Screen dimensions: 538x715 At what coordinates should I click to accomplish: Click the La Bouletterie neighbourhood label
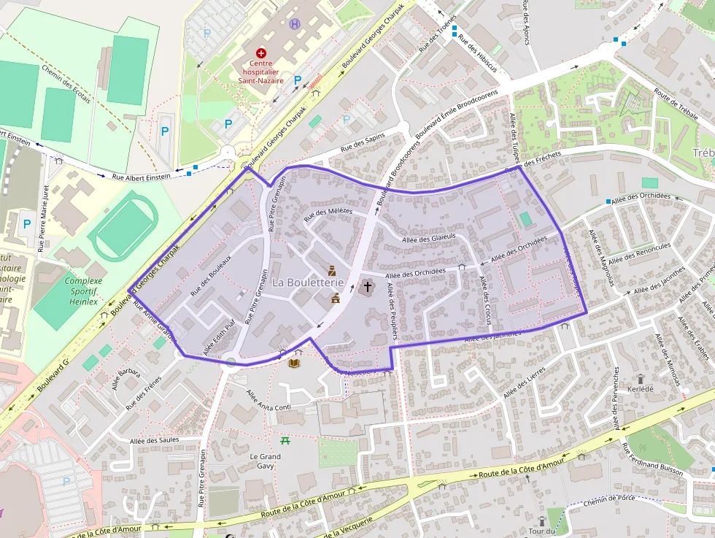tap(308, 282)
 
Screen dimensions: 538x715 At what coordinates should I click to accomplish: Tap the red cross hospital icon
tap(260, 53)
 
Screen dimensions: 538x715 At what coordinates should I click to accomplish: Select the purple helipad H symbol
tap(295, 24)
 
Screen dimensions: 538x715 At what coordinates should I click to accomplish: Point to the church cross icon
tap(367, 286)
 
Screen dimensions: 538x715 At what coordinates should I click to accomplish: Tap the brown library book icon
tap(294, 363)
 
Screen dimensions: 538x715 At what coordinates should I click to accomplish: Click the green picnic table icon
tap(285, 440)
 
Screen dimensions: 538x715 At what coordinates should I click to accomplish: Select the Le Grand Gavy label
tap(265, 461)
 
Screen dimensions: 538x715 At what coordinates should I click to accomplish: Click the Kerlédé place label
tap(641, 390)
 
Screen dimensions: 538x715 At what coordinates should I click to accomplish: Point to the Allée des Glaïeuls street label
tap(428, 237)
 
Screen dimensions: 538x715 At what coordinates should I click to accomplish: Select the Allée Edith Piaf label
tap(220, 338)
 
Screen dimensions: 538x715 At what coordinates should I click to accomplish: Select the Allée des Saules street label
tap(154, 440)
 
